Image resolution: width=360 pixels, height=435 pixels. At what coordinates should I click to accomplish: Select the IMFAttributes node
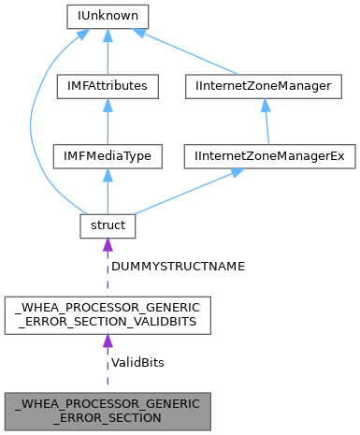click(x=108, y=87)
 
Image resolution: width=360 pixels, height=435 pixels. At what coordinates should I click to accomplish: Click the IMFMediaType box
click(x=108, y=156)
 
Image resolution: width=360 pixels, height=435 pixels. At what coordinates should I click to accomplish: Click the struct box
click(x=108, y=225)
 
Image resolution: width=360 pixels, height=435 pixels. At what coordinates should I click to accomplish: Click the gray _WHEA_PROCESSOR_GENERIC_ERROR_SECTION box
click(x=108, y=411)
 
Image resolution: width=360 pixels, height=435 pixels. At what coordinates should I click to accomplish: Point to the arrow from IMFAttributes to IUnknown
click(x=108, y=51)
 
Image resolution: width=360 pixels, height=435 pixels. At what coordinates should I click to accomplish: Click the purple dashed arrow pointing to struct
click(x=108, y=267)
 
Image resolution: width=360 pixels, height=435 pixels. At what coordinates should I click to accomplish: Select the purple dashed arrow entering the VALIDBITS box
click(x=108, y=365)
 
